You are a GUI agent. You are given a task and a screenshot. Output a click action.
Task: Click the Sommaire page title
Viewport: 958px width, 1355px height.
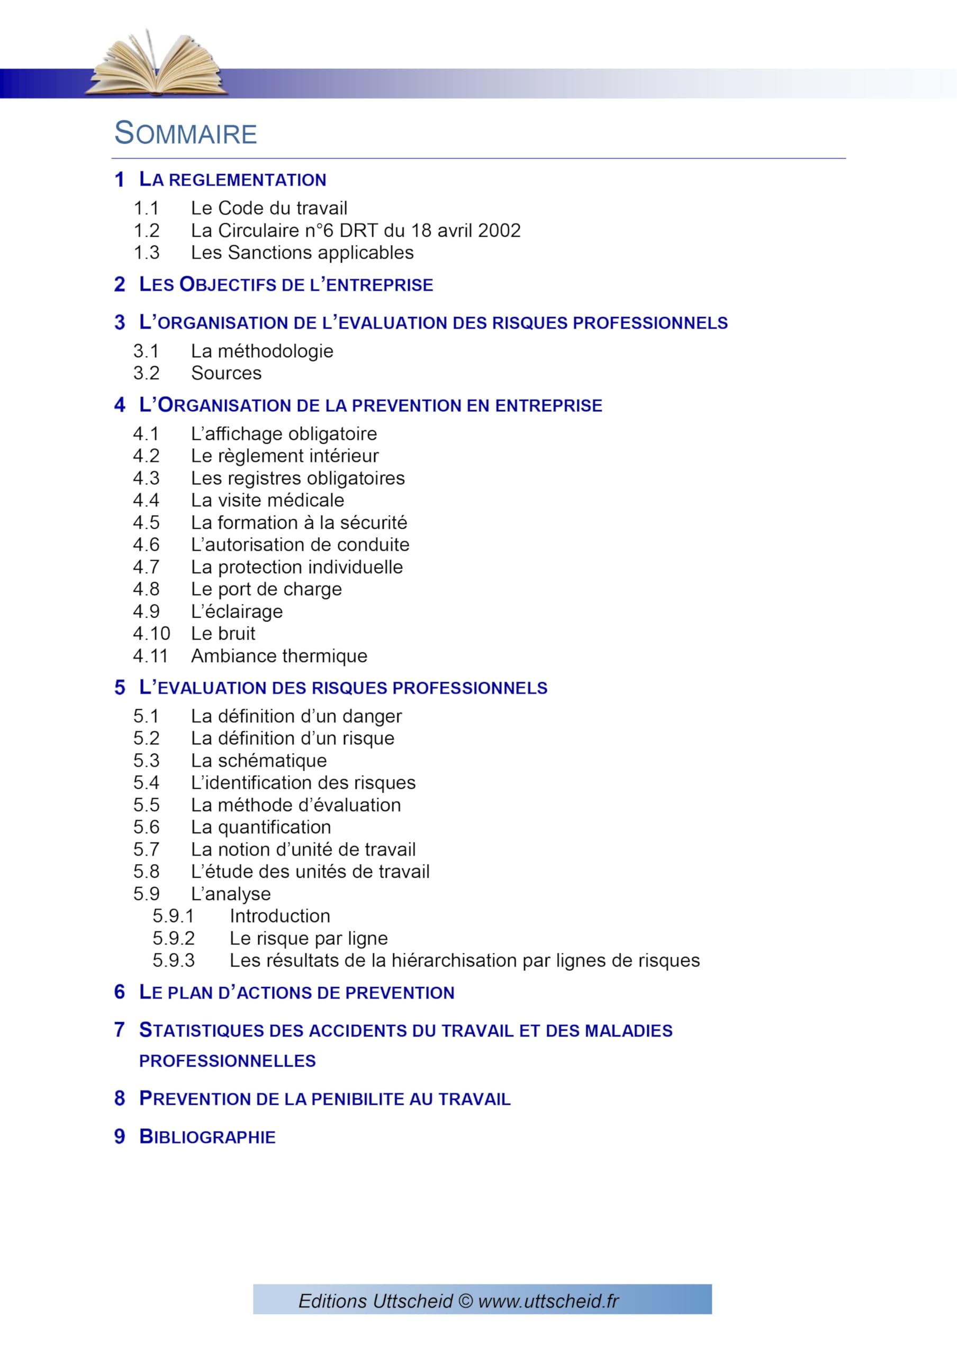(185, 133)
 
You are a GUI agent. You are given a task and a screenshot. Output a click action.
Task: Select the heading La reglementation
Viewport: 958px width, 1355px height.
(232, 179)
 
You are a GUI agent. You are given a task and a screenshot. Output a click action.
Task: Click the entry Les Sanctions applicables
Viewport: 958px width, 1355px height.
(302, 252)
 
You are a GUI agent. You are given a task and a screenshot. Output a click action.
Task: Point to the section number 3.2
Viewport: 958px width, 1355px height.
(147, 373)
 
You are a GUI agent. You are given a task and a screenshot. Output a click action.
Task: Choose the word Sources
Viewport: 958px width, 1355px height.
(226, 373)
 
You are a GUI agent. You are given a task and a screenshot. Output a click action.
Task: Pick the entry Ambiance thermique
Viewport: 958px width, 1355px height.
(278, 656)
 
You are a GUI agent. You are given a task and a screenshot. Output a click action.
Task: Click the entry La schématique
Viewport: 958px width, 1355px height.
(258, 761)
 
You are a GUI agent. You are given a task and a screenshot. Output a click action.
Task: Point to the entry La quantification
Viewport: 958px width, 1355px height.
(260, 827)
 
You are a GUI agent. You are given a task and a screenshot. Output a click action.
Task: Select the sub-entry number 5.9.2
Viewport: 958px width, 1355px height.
(174, 938)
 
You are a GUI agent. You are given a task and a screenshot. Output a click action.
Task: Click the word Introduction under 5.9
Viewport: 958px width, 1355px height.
(280, 916)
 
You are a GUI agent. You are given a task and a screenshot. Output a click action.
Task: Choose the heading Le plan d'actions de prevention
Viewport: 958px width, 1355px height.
(296, 992)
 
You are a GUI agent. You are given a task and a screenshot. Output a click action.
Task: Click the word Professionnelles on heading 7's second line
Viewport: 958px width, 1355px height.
(227, 1061)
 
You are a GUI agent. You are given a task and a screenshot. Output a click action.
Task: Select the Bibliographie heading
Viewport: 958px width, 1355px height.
(207, 1137)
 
